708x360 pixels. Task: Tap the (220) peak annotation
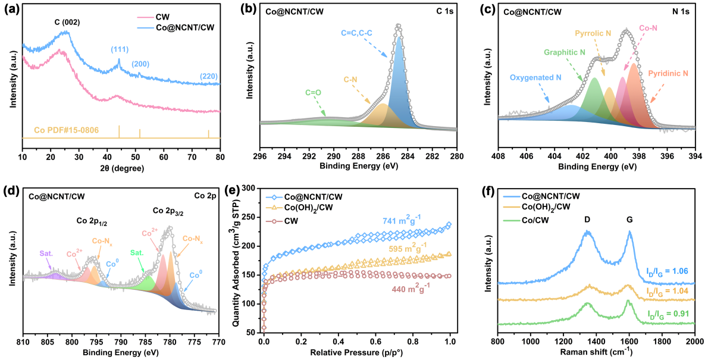[208, 76]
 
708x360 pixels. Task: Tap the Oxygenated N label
[534, 77]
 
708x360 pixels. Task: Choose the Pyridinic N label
[668, 73]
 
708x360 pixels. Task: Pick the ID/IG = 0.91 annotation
[669, 312]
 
